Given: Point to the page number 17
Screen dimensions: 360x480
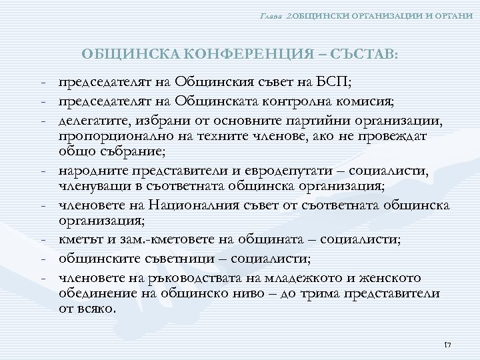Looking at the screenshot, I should [x=447, y=344].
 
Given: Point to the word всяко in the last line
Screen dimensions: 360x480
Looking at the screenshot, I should [x=97, y=309].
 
